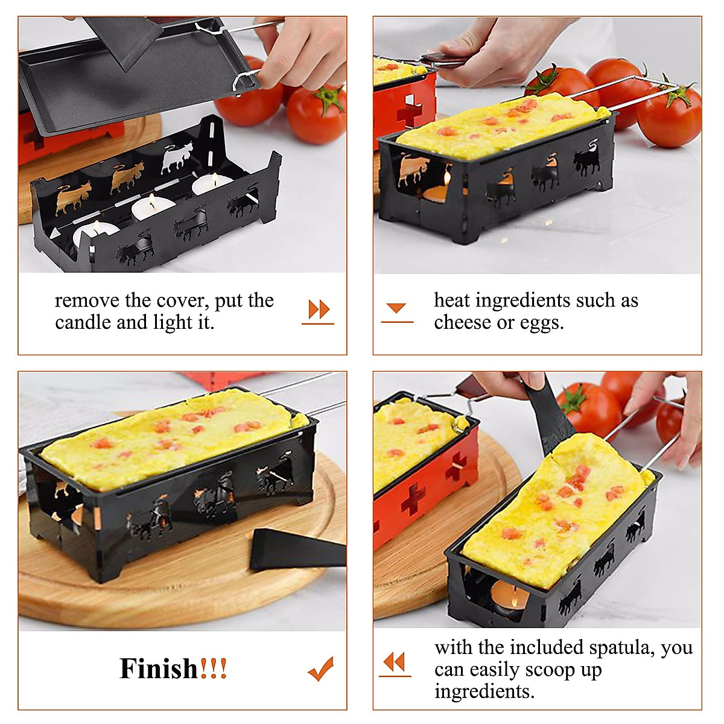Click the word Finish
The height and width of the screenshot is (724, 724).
(x=159, y=668)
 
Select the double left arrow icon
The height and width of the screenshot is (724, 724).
(x=395, y=662)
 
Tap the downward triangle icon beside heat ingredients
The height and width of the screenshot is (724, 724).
(x=396, y=309)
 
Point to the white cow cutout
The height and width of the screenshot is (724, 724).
(x=177, y=157)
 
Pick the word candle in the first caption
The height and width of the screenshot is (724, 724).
(x=83, y=322)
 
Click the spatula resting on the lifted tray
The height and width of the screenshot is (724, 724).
(x=127, y=39)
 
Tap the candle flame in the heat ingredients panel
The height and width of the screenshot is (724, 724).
(x=447, y=178)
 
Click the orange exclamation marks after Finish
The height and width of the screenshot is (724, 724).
(x=214, y=668)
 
